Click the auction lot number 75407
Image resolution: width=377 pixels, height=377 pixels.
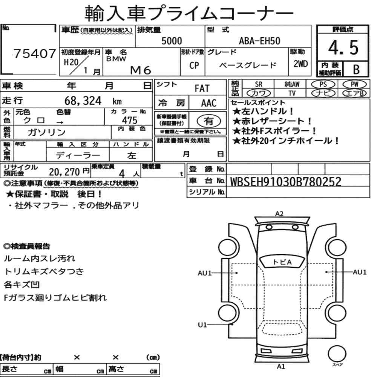tap(35, 54)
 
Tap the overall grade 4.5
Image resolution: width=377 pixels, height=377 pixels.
tap(343, 48)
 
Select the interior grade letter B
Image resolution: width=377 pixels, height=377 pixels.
tap(356, 69)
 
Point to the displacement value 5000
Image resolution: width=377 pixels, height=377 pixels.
tap(172, 41)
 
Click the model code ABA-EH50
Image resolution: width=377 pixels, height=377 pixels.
tap(259, 41)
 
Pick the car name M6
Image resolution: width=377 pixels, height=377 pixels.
tap(140, 70)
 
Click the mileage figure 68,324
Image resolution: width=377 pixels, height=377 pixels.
tap(83, 101)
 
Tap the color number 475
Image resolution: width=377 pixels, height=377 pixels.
tap(130, 120)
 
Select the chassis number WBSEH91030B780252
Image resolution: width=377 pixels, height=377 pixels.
tap(286, 182)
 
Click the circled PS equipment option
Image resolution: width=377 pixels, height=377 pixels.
tap(323, 84)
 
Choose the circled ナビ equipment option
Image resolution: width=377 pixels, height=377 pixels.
tap(323, 93)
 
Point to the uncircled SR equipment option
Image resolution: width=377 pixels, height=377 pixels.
tap(259, 84)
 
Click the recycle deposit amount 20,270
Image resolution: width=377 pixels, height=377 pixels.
tap(64, 172)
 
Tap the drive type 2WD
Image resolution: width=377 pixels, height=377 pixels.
tap(300, 64)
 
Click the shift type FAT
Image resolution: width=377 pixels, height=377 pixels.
tap(202, 88)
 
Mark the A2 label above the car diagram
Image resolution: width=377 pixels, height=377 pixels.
tap(279, 214)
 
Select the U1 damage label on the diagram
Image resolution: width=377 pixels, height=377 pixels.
tap(202, 325)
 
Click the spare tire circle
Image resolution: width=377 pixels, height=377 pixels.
tap(337, 354)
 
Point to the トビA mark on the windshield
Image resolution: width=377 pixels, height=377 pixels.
tap(282, 262)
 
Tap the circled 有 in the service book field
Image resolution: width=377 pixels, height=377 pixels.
tap(209, 121)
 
